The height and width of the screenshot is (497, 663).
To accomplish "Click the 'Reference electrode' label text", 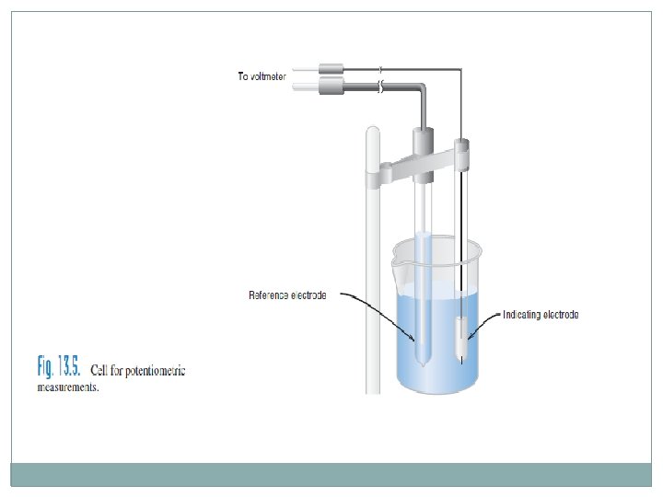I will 287,295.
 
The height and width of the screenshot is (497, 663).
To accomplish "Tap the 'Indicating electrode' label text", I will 541,315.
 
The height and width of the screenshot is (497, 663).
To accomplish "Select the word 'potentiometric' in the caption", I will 154,372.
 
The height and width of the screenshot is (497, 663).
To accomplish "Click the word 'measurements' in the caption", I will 67,387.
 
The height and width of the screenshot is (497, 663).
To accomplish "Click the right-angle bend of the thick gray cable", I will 421,89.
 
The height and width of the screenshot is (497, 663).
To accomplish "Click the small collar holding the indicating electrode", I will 462,147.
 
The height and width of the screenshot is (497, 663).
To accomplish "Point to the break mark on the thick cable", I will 381,87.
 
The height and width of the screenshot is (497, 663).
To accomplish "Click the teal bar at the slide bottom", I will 331,474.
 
